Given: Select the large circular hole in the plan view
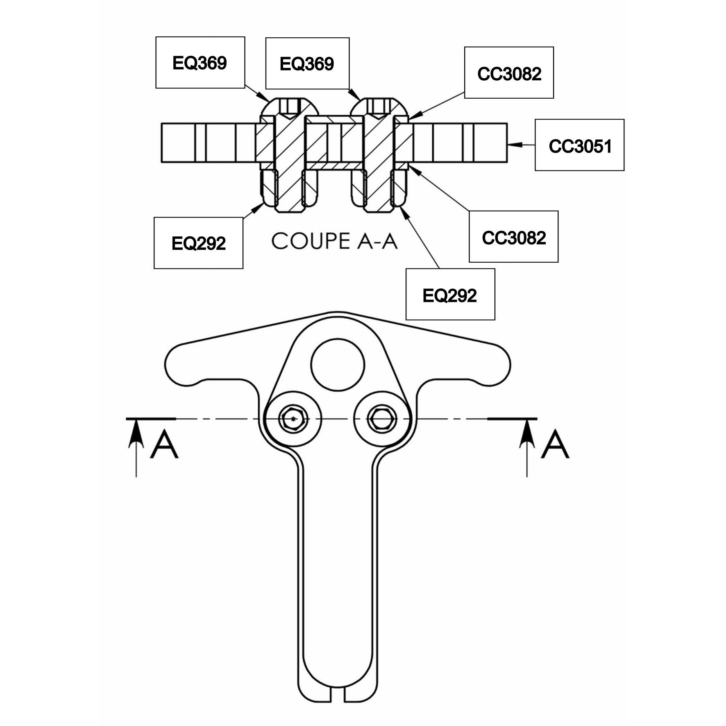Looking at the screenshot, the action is pos(338,365).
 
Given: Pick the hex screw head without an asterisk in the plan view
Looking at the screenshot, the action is pos(382,419).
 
